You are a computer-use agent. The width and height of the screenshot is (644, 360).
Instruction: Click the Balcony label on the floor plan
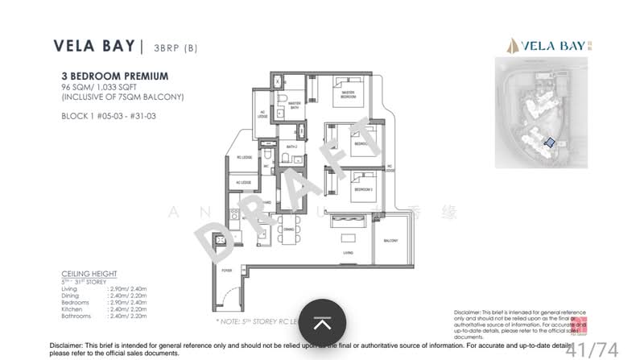click(391, 241)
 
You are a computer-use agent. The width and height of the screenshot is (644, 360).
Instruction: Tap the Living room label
click(349, 252)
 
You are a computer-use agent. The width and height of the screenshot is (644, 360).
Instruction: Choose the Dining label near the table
click(289, 230)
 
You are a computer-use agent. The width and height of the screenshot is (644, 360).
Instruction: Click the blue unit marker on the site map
click(550, 143)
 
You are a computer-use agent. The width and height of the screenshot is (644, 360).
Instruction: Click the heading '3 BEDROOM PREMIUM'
click(114, 76)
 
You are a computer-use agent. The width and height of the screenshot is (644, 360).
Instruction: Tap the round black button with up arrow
click(322, 324)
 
